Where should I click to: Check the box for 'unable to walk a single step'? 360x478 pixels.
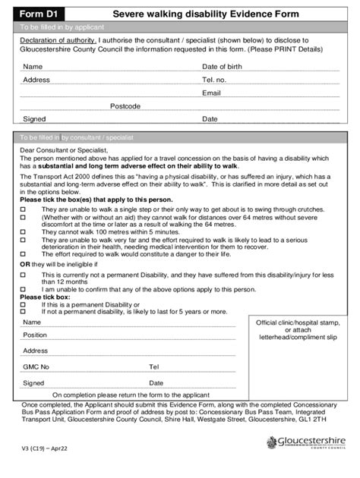23,207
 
